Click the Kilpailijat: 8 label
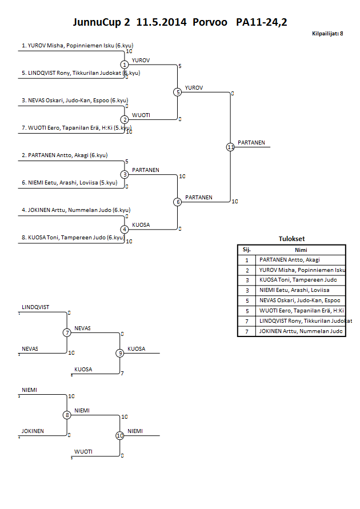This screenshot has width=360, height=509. tap(327, 34)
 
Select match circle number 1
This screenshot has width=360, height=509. tap(124, 65)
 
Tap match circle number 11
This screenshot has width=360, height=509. tap(230, 147)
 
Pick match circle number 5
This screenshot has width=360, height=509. tap(177, 92)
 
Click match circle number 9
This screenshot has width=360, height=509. tap(120, 353)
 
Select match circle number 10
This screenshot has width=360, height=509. tap(120, 436)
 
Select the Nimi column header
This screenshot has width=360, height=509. tap(301, 250)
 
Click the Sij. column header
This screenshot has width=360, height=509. tap(247, 250)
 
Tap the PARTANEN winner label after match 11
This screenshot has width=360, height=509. tap(251, 143)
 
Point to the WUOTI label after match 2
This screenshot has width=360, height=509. tap(141, 115)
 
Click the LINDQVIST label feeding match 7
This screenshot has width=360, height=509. tap(35, 307)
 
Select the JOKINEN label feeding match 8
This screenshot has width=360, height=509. tap(33, 431)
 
